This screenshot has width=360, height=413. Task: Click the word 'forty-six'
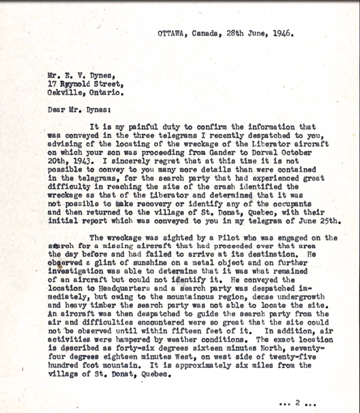click(x=138, y=348)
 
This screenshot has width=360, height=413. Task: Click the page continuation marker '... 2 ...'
click(x=297, y=403)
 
